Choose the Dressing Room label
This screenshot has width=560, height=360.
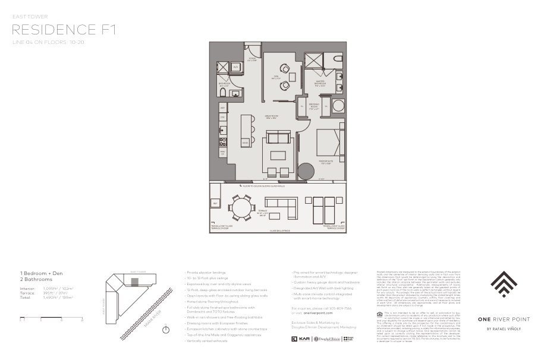(x=314, y=108)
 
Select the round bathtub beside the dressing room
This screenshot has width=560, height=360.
(x=338, y=107)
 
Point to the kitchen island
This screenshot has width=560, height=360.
(x=246, y=131)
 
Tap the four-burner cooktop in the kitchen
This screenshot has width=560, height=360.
(x=223, y=141)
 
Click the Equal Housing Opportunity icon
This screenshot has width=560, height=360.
(x=380, y=312)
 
